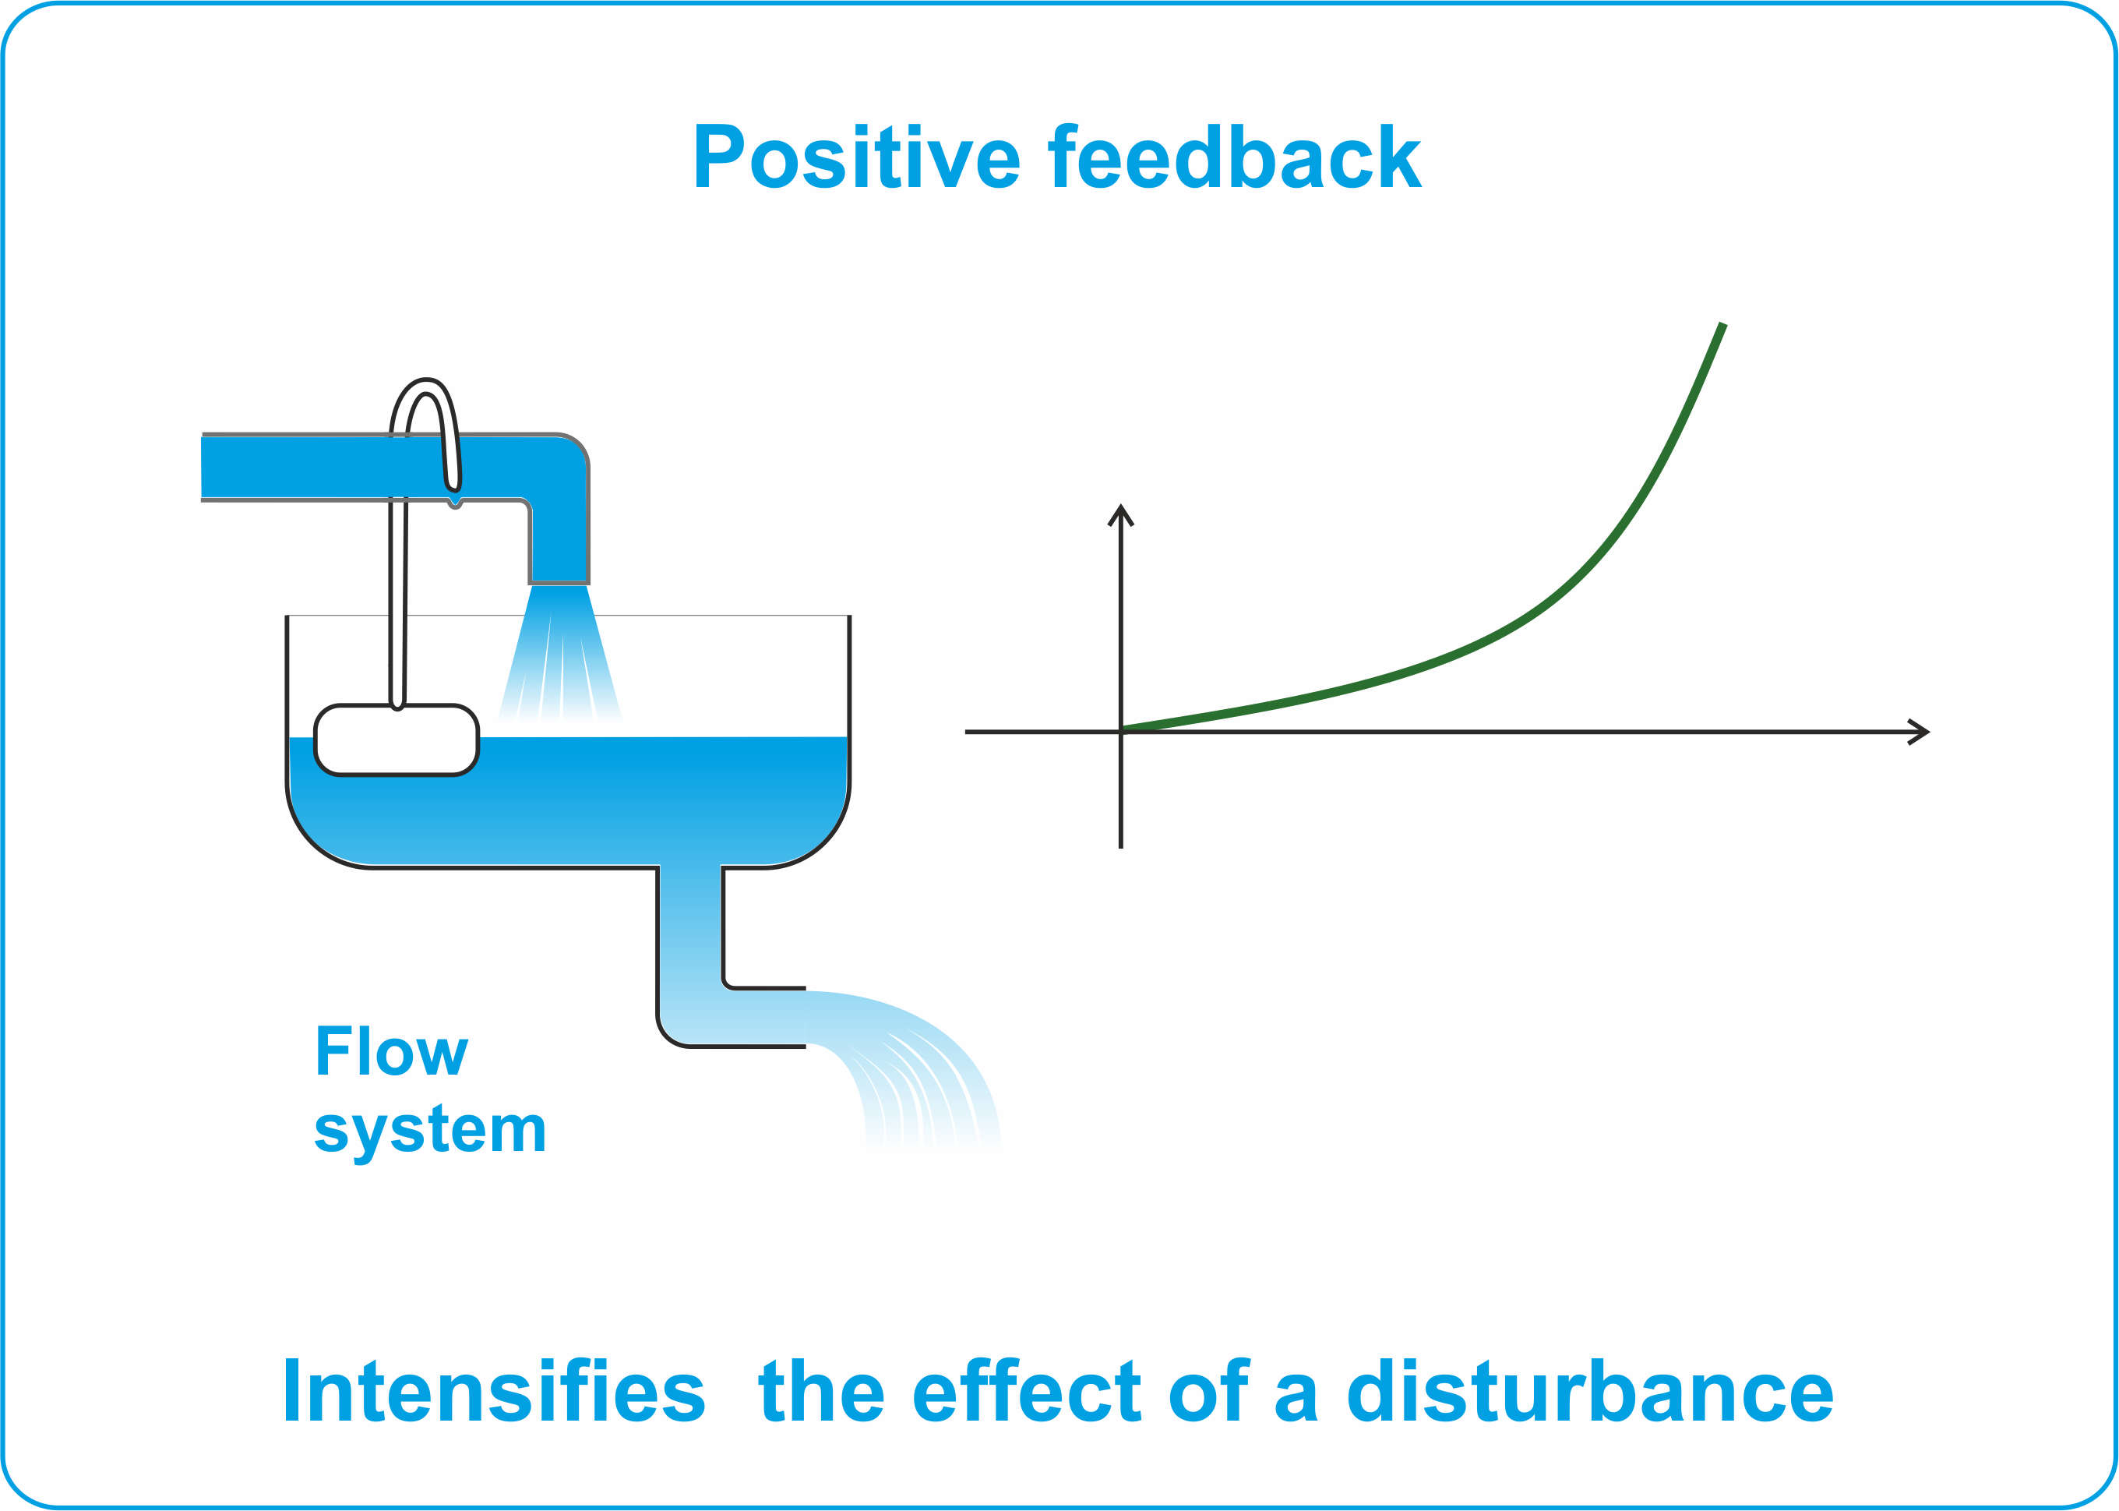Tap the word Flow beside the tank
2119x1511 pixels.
[392, 1050]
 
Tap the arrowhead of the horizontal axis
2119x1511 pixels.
[1918, 733]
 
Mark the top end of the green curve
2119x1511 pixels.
[1722, 324]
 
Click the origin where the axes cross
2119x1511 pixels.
[1121, 733]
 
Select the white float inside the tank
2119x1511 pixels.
[397, 740]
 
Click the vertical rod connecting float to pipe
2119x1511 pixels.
[397, 605]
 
